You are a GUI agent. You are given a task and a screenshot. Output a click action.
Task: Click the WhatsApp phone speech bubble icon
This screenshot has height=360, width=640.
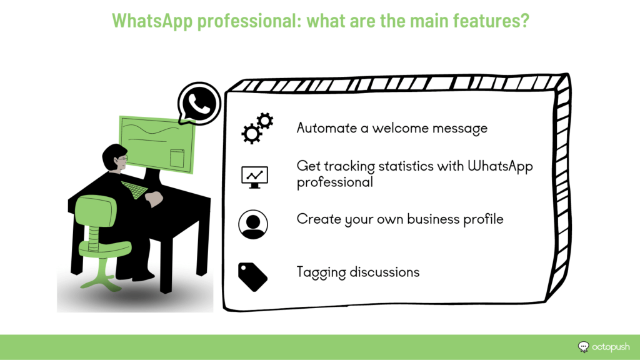coord(199,104)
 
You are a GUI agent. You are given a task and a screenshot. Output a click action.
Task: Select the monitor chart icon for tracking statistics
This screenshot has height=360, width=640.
coord(254,177)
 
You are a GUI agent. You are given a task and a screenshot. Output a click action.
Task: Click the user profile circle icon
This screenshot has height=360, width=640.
coord(253,224)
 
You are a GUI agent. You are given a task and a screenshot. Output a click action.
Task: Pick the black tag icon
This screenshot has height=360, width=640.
coord(252,277)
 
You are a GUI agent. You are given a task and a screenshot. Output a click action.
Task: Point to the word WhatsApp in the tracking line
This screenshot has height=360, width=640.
coord(500,166)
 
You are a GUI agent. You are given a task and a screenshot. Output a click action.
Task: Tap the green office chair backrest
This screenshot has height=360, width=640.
coord(96,211)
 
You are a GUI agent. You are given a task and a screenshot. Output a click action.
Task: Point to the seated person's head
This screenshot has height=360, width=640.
coord(115,158)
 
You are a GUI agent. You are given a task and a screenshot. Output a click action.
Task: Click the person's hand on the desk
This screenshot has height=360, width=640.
coord(154,199)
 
